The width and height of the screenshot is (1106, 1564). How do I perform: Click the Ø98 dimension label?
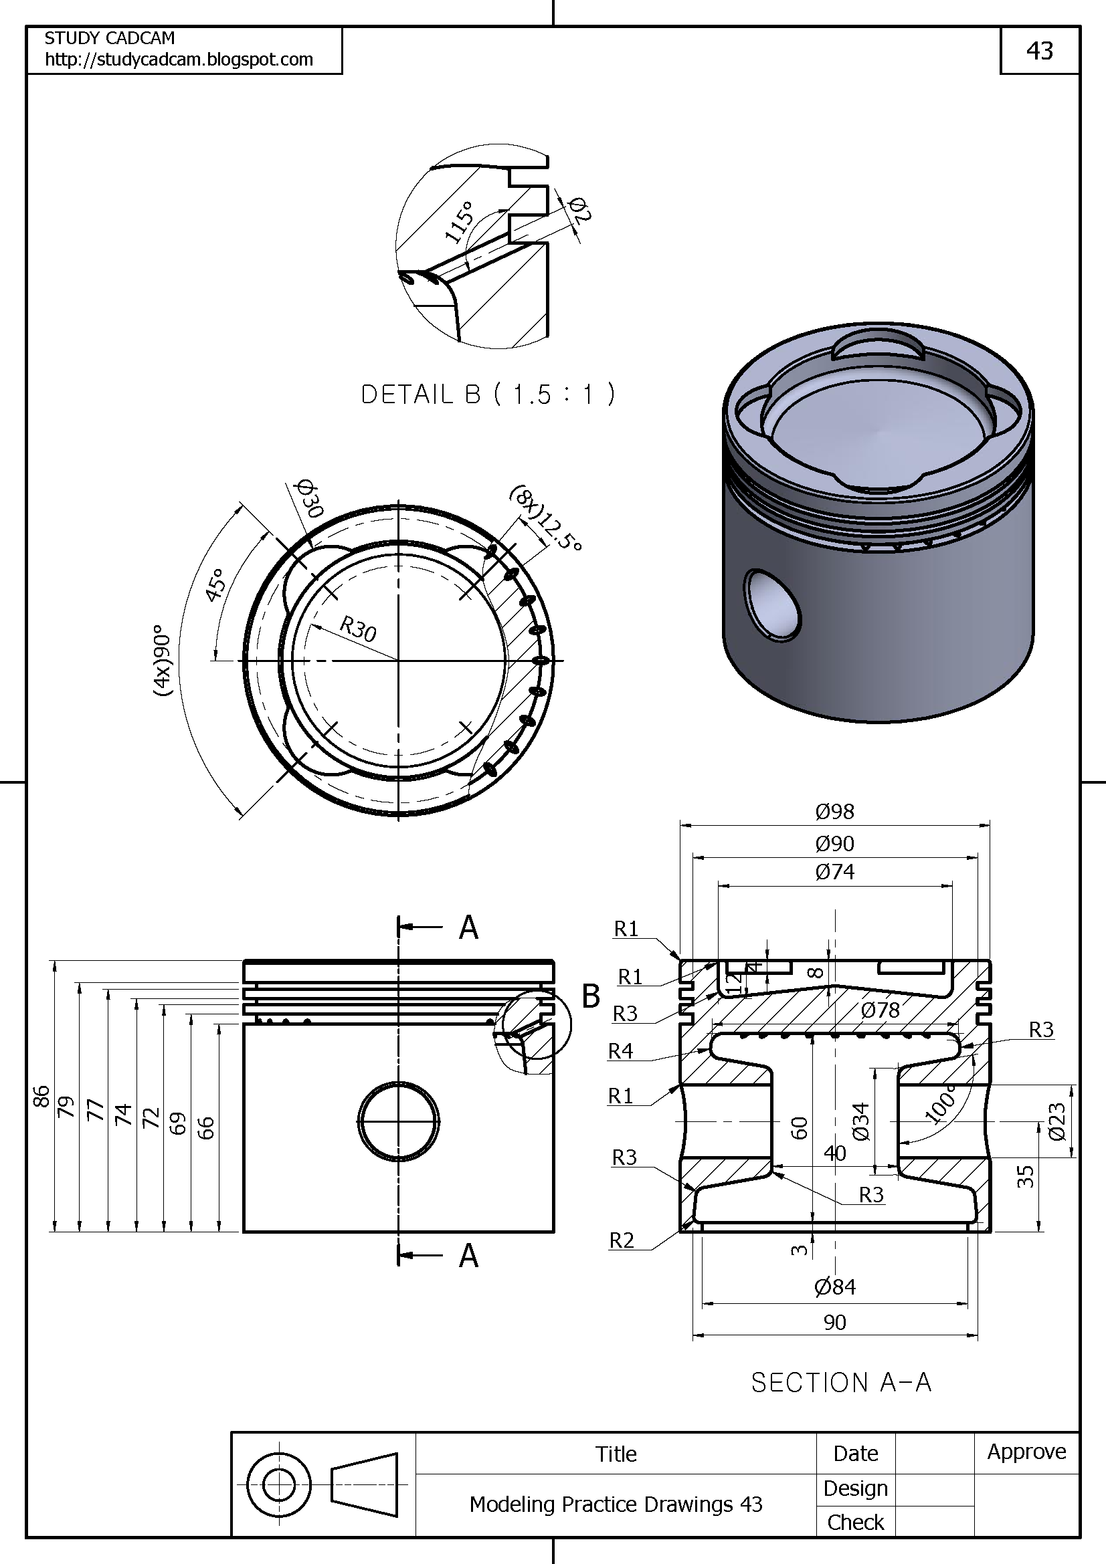coord(834,811)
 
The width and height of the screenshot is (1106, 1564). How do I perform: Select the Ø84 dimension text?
coord(834,1287)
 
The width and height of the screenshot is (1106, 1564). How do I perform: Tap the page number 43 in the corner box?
coord(1039,51)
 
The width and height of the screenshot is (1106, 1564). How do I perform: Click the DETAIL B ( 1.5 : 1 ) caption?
coord(487,395)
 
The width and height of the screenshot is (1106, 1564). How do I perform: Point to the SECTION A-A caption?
coord(841,1383)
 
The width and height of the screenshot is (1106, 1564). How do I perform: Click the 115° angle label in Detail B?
coord(459,222)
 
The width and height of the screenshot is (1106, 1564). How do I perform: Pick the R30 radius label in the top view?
coord(359,629)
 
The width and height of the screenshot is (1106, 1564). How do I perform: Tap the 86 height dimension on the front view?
coord(41,1097)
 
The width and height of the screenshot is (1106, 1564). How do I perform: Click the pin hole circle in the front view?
coord(399,1121)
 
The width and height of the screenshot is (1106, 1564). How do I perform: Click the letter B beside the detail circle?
coord(590,996)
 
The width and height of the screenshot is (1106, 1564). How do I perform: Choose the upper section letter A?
coord(468,927)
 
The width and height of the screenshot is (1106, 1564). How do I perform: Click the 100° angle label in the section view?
coord(941,1105)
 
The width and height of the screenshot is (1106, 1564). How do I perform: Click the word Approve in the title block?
coord(1026,1452)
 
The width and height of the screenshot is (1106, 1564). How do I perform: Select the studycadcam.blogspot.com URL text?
coord(179,60)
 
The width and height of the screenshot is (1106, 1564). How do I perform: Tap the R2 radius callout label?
coord(621,1240)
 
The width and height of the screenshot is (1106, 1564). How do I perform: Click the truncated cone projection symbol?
coord(365,1485)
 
